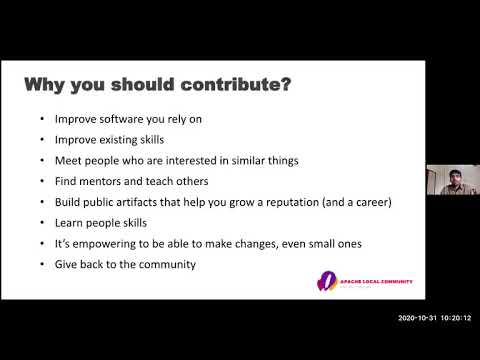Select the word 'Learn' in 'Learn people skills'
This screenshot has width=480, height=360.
(69, 223)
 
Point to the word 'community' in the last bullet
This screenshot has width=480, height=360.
(165, 264)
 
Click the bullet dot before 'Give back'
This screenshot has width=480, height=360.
(41, 264)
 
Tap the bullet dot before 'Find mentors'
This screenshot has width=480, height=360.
(41, 181)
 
